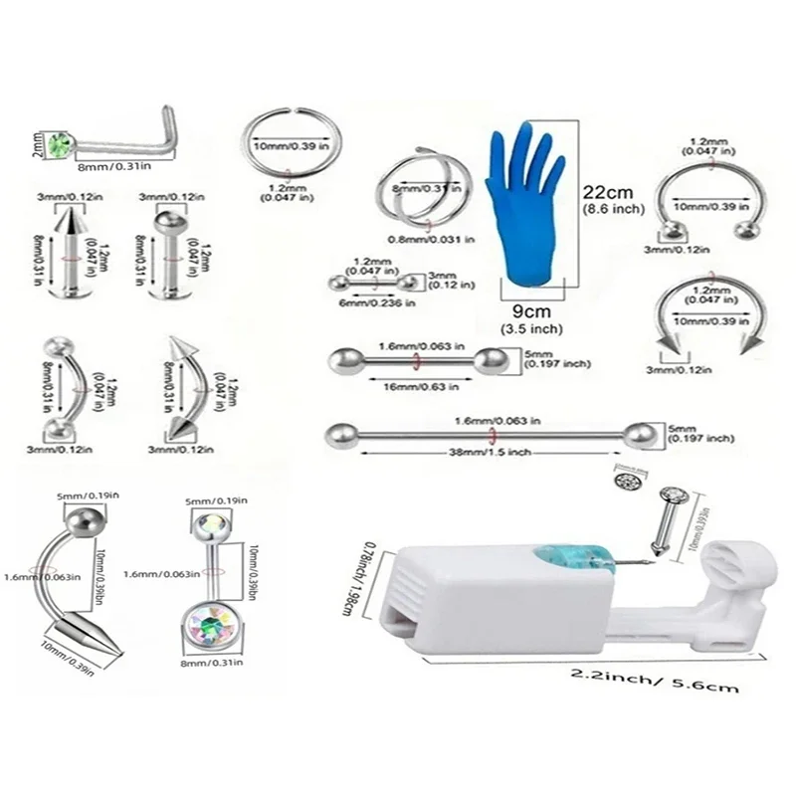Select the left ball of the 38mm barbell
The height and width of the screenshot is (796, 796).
pyautogui.click(x=339, y=433)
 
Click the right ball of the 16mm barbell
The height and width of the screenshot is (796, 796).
pyautogui.click(x=489, y=360)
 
